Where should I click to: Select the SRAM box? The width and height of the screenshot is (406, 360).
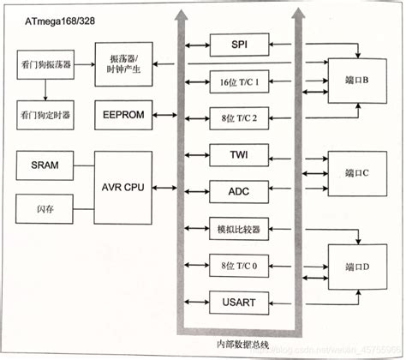(44, 165)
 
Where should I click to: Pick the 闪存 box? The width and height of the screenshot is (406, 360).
(44, 206)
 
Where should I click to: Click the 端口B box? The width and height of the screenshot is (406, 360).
(355, 82)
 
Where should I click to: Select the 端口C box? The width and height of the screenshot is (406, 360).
(355, 172)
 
